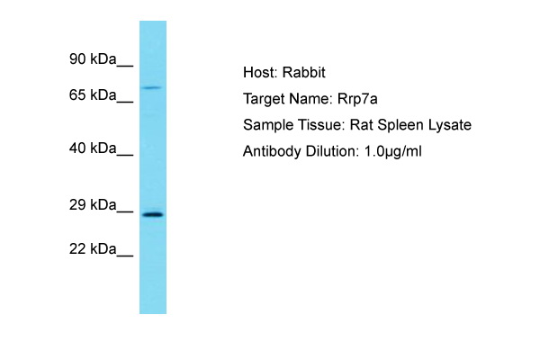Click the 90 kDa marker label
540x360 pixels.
tap(93, 58)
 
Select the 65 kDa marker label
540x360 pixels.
tap(93, 94)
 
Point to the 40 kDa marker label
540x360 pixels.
tap(93, 148)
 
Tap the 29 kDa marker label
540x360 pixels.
tap(93, 204)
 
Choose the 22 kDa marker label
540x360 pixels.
tap(93, 248)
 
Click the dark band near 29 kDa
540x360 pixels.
tap(153, 215)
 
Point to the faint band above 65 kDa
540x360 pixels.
tap(152, 87)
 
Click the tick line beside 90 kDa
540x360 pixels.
tap(125, 65)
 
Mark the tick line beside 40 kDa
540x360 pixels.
tap(125, 155)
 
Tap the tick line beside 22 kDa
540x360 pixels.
tap(125, 255)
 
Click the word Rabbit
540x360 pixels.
tap(304, 72)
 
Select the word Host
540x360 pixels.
tap(260, 72)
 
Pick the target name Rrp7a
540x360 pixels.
tap(357, 99)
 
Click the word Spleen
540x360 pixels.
tap(400, 125)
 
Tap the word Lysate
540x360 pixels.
tap(450, 125)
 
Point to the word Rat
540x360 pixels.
tap(361, 125)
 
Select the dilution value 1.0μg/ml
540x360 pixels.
tap(393, 151)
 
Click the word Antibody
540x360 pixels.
tap(272, 151)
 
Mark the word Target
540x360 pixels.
tap(264, 99)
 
